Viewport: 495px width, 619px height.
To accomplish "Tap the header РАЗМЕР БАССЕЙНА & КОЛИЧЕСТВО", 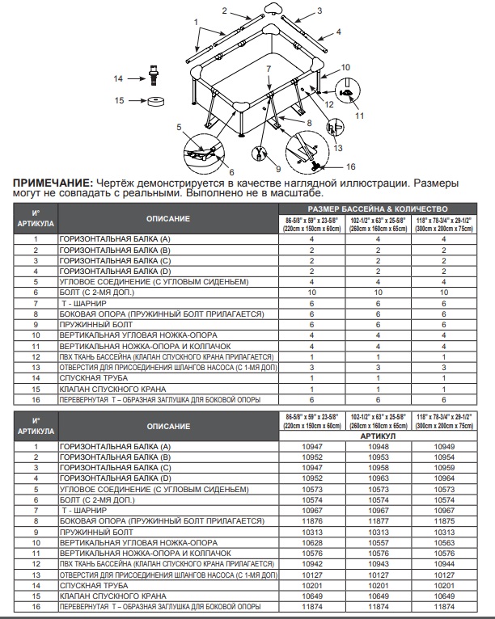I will pyautogui.click(x=377, y=208).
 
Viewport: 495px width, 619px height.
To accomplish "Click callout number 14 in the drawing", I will pyautogui.click(x=118, y=78).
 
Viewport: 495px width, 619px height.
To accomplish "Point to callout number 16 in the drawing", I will pyautogui.click(x=350, y=166).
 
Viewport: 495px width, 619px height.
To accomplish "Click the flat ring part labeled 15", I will pyautogui.click(x=154, y=101).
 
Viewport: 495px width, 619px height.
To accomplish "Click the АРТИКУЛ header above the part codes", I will pyautogui.click(x=377, y=435).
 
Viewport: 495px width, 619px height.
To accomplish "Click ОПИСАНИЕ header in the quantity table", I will pyautogui.click(x=168, y=219).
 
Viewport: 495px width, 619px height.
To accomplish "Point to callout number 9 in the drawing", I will pyautogui.click(x=277, y=168).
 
